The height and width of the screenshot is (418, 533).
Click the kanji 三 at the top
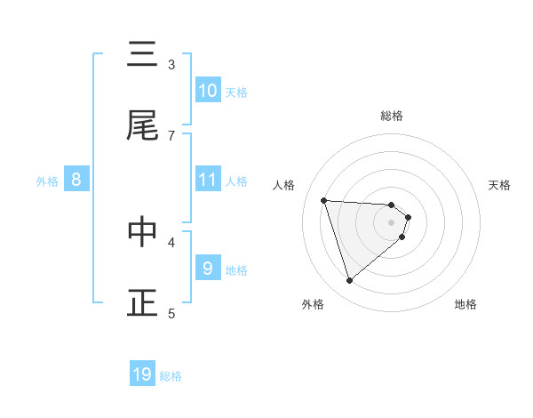click(142, 57)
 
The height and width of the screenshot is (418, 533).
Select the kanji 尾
click(142, 126)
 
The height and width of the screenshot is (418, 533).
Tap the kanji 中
click(142, 233)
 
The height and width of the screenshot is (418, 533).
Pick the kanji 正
click(142, 303)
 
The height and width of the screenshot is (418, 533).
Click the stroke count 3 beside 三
click(171, 64)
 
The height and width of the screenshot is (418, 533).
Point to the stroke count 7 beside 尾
click(171, 135)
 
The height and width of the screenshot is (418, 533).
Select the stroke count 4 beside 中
click(171, 241)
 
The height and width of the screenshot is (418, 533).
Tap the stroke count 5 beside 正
click(171, 312)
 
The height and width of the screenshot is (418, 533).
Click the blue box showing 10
click(208, 90)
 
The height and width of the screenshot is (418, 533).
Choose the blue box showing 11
click(208, 179)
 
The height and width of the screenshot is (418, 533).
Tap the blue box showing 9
click(208, 268)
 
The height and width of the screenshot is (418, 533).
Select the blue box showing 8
click(76, 180)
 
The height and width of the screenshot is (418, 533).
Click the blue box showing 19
click(142, 374)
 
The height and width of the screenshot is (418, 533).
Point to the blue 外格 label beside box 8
click(47, 181)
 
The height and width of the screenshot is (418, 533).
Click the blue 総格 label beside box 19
click(171, 376)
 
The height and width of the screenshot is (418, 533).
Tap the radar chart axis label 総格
click(392, 116)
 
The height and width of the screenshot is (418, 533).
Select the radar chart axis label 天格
click(499, 185)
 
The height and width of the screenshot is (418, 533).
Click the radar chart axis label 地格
click(465, 304)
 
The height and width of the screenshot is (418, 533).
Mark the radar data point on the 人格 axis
click(323, 200)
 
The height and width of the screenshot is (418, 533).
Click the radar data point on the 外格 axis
click(349, 281)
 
